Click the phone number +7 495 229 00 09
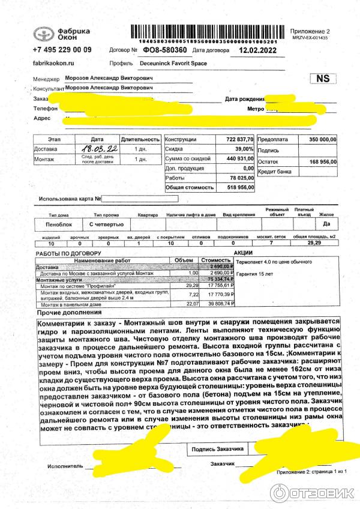click(x=62, y=50)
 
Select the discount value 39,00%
click(x=243, y=148)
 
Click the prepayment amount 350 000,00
click(x=323, y=139)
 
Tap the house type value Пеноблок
click(x=55, y=224)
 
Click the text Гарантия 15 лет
click(x=255, y=274)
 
